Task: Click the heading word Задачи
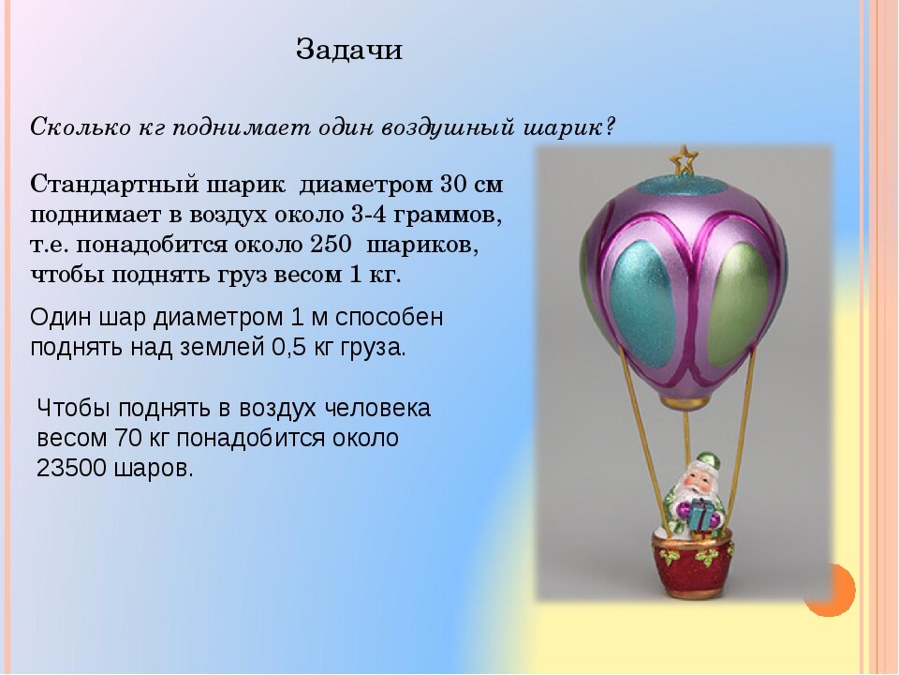point(349,50)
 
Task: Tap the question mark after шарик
point(609,126)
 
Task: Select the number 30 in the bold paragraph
point(455,185)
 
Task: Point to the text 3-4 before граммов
point(364,215)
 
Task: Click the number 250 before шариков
point(331,245)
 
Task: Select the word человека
point(377,408)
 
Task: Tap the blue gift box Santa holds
point(700,514)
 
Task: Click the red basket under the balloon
point(692,563)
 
